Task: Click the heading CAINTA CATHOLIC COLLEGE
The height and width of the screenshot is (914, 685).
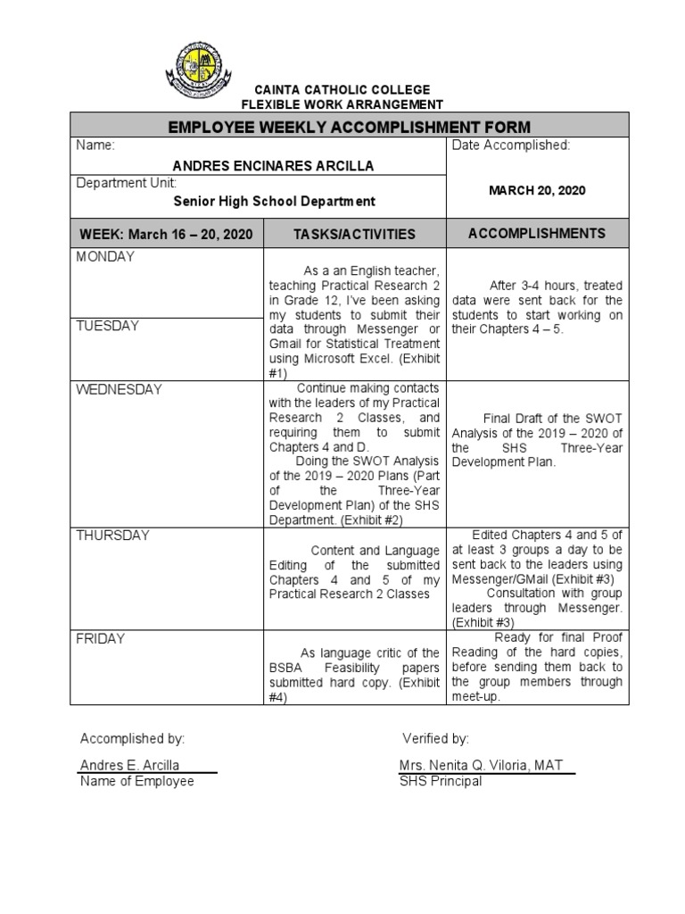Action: click(x=342, y=90)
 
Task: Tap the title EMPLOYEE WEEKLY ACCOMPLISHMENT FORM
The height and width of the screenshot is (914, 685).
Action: click(x=350, y=127)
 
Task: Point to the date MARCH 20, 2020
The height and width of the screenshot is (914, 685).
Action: click(x=537, y=190)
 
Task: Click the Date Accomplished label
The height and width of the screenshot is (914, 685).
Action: click(x=511, y=145)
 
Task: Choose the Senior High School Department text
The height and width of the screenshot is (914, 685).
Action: click(x=274, y=202)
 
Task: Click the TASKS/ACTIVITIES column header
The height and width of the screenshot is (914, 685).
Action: click(x=355, y=234)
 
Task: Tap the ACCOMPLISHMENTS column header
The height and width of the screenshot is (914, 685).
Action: click(x=537, y=233)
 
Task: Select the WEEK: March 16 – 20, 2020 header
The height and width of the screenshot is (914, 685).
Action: click(x=167, y=234)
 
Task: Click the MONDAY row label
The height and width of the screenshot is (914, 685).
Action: click(x=105, y=257)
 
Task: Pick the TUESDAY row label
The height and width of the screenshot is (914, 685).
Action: click(x=108, y=326)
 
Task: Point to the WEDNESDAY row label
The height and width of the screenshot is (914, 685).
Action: click(x=120, y=390)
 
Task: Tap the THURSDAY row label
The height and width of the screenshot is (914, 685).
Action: click(x=112, y=536)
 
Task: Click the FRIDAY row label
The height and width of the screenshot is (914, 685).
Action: click(x=100, y=639)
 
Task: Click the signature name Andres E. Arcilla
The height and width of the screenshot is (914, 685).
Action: click(x=130, y=765)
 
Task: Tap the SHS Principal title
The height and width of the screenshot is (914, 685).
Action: click(x=442, y=781)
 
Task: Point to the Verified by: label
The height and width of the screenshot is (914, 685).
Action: click(x=435, y=738)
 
